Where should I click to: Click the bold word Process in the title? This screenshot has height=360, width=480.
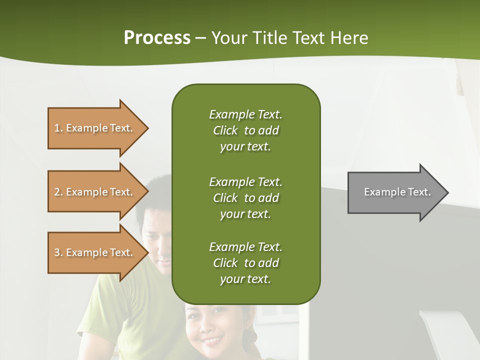[x=157, y=38]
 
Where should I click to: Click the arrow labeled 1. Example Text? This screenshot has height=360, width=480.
[x=95, y=128]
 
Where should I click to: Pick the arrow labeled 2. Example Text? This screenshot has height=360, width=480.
[x=95, y=192]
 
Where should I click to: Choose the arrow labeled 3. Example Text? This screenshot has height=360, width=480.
[x=95, y=252]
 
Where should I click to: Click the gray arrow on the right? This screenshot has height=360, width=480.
[x=395, y=192]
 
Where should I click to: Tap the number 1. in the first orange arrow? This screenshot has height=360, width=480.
[x=58, y=128]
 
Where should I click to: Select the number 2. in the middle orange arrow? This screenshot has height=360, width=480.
[x=58, y=192]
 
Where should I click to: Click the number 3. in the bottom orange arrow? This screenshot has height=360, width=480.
[x=58, y=252]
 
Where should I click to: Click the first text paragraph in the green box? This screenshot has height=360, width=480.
[x=245, y=130]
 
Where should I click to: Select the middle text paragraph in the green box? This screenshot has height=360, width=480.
[x=245, y=198]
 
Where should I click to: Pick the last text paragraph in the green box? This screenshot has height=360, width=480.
[x=245, y=263]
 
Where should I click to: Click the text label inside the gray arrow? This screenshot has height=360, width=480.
[x=397, y=192]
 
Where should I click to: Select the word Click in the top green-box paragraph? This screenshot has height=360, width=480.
[x=225, y=130]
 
